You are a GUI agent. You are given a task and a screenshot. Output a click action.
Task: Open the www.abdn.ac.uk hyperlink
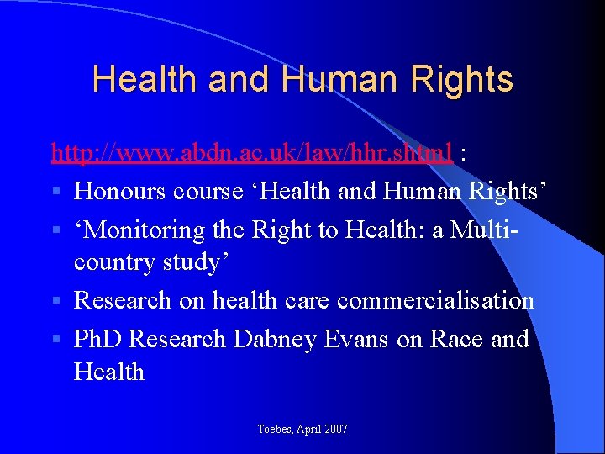click(252, 152)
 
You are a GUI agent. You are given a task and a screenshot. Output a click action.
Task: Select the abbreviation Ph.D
click(99, 339)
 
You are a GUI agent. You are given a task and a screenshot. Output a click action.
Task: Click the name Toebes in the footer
click(276, 430)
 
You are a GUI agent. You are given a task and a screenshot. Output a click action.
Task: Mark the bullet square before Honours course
click(55, 192)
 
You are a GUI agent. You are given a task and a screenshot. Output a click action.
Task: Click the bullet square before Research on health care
click(55, 301)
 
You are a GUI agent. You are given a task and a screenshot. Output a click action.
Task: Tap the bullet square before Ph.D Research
click(55, 340)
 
